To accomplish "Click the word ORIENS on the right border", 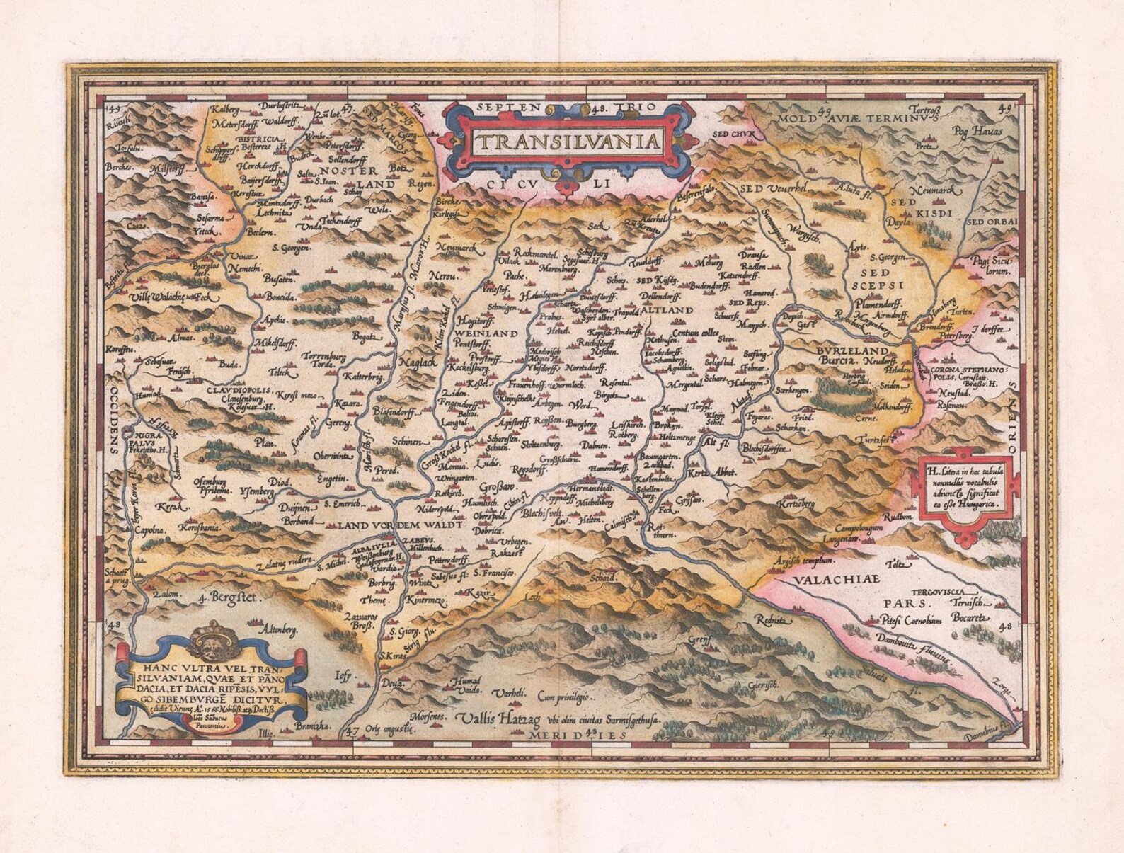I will point(1012,418).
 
